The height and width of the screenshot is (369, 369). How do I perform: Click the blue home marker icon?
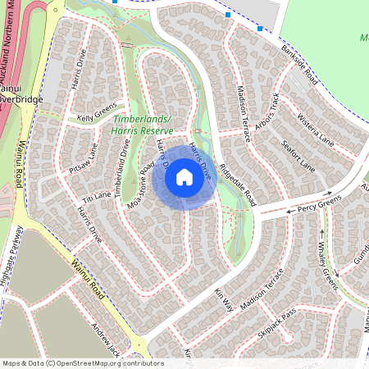click(x=184, y=176)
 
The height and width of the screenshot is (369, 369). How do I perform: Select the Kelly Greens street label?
click(x=97, y=117)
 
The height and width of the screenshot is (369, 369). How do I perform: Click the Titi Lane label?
click(x=97, y=198)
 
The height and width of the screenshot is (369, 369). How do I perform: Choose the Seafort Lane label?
click(x=298, y=156)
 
